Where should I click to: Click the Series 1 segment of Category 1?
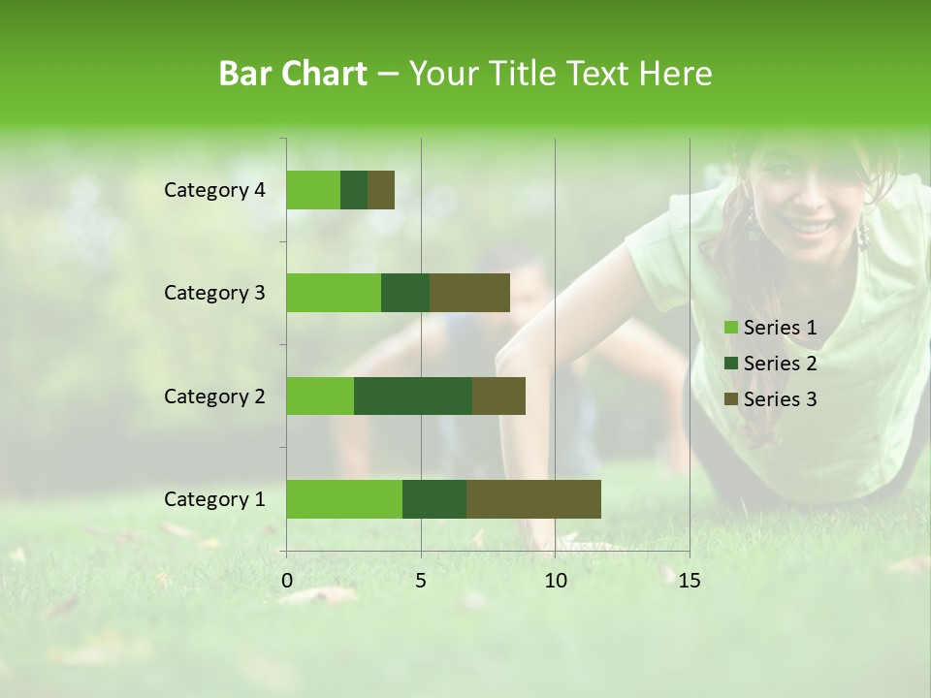point(344,498)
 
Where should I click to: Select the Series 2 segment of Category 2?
point(413,396)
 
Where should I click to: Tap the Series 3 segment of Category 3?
point(469,293)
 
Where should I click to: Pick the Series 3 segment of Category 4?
point(381,190)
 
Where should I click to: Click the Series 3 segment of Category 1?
point(533,498)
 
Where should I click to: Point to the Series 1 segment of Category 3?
point(334,293)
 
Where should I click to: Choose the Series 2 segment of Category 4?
point(354,190)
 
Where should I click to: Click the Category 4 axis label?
point(214,190)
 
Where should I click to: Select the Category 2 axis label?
point(214,396)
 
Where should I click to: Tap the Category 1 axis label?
point(214,499)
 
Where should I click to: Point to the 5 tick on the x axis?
point(421,581)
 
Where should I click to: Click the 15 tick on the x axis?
point(689,581)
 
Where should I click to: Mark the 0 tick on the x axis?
point(287,581)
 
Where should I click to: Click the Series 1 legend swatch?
point(730,328)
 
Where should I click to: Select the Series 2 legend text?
point(780,364)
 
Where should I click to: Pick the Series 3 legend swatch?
point(730,399)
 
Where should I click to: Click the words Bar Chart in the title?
point(293,74)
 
